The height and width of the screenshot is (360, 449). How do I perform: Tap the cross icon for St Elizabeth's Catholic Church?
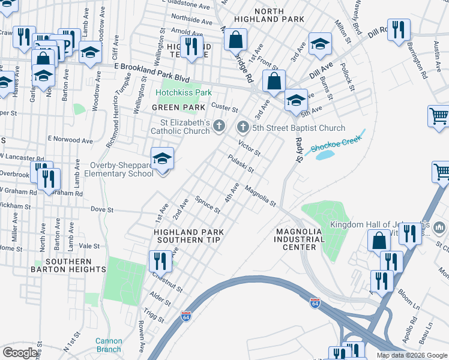click(x=220, y=126)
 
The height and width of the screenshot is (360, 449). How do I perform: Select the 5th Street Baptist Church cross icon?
click(x=243, y=127)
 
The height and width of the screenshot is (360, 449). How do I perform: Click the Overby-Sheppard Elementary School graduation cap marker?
click(x=162, y=159)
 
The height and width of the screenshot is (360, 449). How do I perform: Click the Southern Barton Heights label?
click(x=69, y=266)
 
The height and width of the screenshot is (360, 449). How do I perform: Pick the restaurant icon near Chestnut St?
click(x=159, y=261)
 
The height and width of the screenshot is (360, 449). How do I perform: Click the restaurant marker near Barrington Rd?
click(x=399, y=29)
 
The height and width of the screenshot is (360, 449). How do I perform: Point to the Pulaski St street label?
click(x=241, y=162)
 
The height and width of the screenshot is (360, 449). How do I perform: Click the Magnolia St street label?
click(x=260, y=196)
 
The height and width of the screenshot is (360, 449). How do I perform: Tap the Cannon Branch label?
click(x=108, y=345)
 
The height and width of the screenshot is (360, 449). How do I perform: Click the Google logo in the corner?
click(x=20, y=353)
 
